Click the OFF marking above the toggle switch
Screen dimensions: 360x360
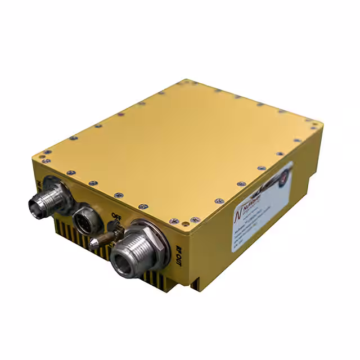coord(117,216)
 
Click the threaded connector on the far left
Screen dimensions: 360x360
coord(49,199)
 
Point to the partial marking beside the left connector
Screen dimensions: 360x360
coord(38,184)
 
